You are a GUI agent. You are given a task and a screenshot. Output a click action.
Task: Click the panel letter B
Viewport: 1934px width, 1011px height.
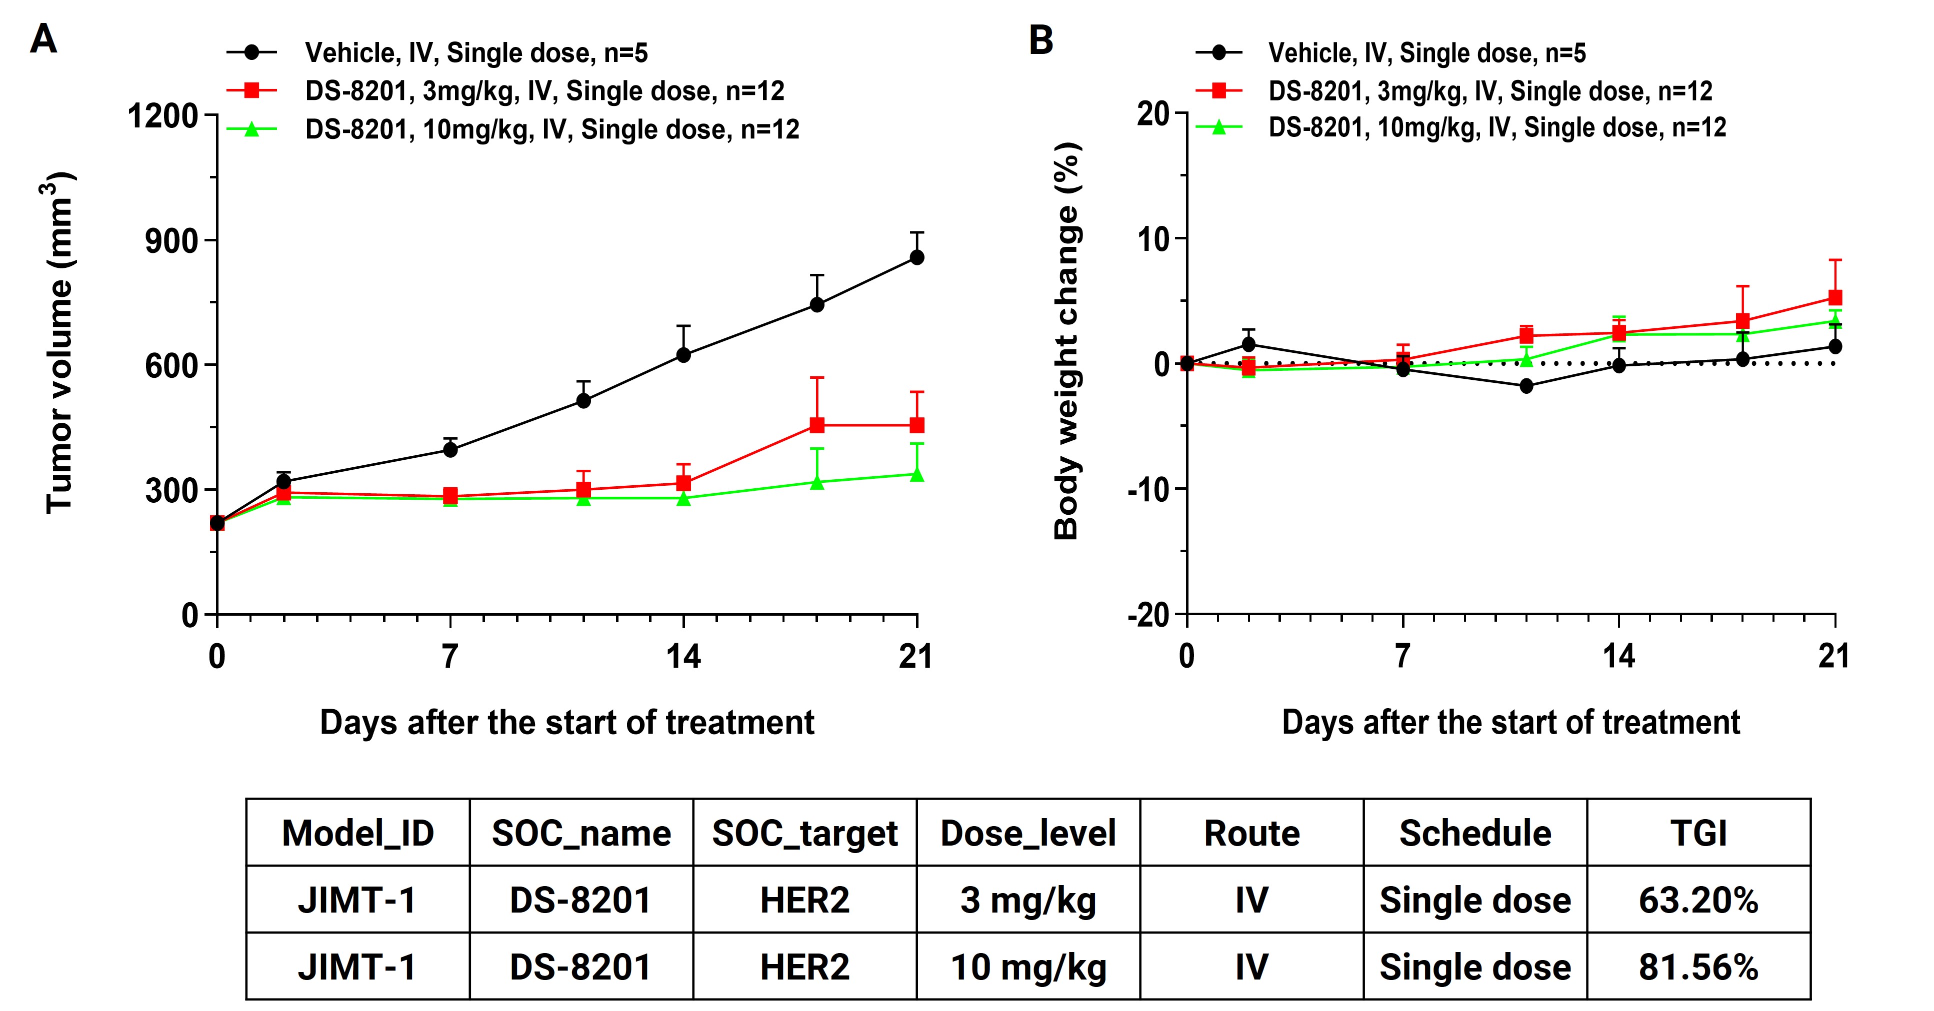(1040, 40)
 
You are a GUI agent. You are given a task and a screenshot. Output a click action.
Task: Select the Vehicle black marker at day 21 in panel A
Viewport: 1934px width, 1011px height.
(916, 257)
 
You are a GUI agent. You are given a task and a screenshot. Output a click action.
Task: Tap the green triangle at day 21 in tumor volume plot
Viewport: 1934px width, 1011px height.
(916, 474)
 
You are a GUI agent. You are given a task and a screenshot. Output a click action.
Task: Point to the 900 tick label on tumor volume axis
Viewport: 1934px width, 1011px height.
(171, 241)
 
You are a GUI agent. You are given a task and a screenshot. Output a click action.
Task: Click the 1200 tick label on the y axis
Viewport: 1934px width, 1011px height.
(163, 116)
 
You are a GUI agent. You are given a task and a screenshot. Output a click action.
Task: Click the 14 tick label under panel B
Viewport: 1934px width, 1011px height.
(1618, 657)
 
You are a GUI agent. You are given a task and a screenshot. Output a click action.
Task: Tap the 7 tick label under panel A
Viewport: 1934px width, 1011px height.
(449, 657)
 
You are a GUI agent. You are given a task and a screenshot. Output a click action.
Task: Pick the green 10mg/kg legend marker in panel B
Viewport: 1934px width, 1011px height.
(1219, 127)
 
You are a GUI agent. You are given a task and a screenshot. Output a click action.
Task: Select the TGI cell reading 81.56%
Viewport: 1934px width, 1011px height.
(1698, 967)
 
